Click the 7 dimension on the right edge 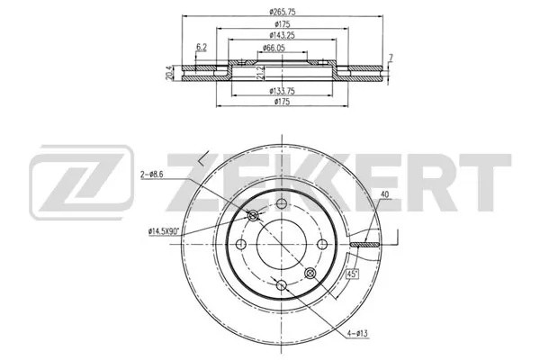point(391,58)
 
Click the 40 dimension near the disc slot point(384,195)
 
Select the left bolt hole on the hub point(241,243)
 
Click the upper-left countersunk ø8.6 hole point(253,214)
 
